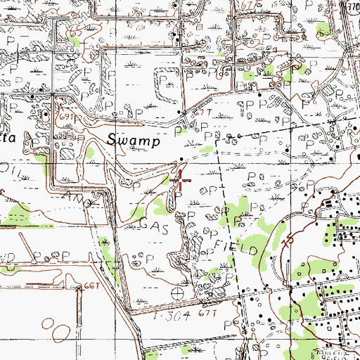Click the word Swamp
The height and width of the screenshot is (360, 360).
[x=134, y=139]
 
